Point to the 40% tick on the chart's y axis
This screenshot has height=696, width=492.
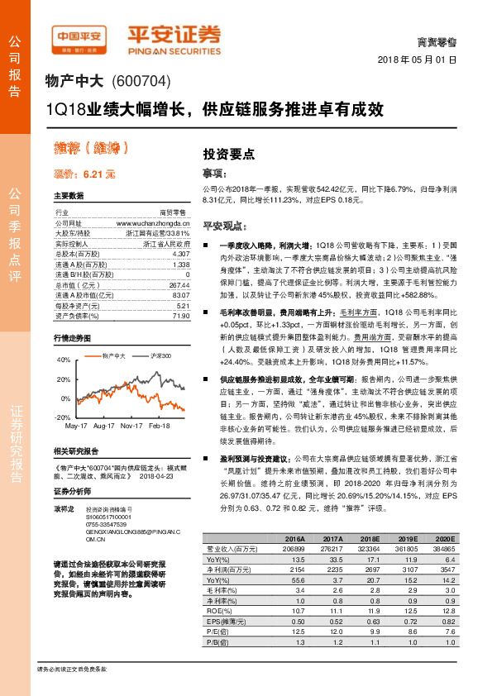click(x=63, y=360)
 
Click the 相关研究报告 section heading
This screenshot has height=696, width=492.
click(x=75, y=451)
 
